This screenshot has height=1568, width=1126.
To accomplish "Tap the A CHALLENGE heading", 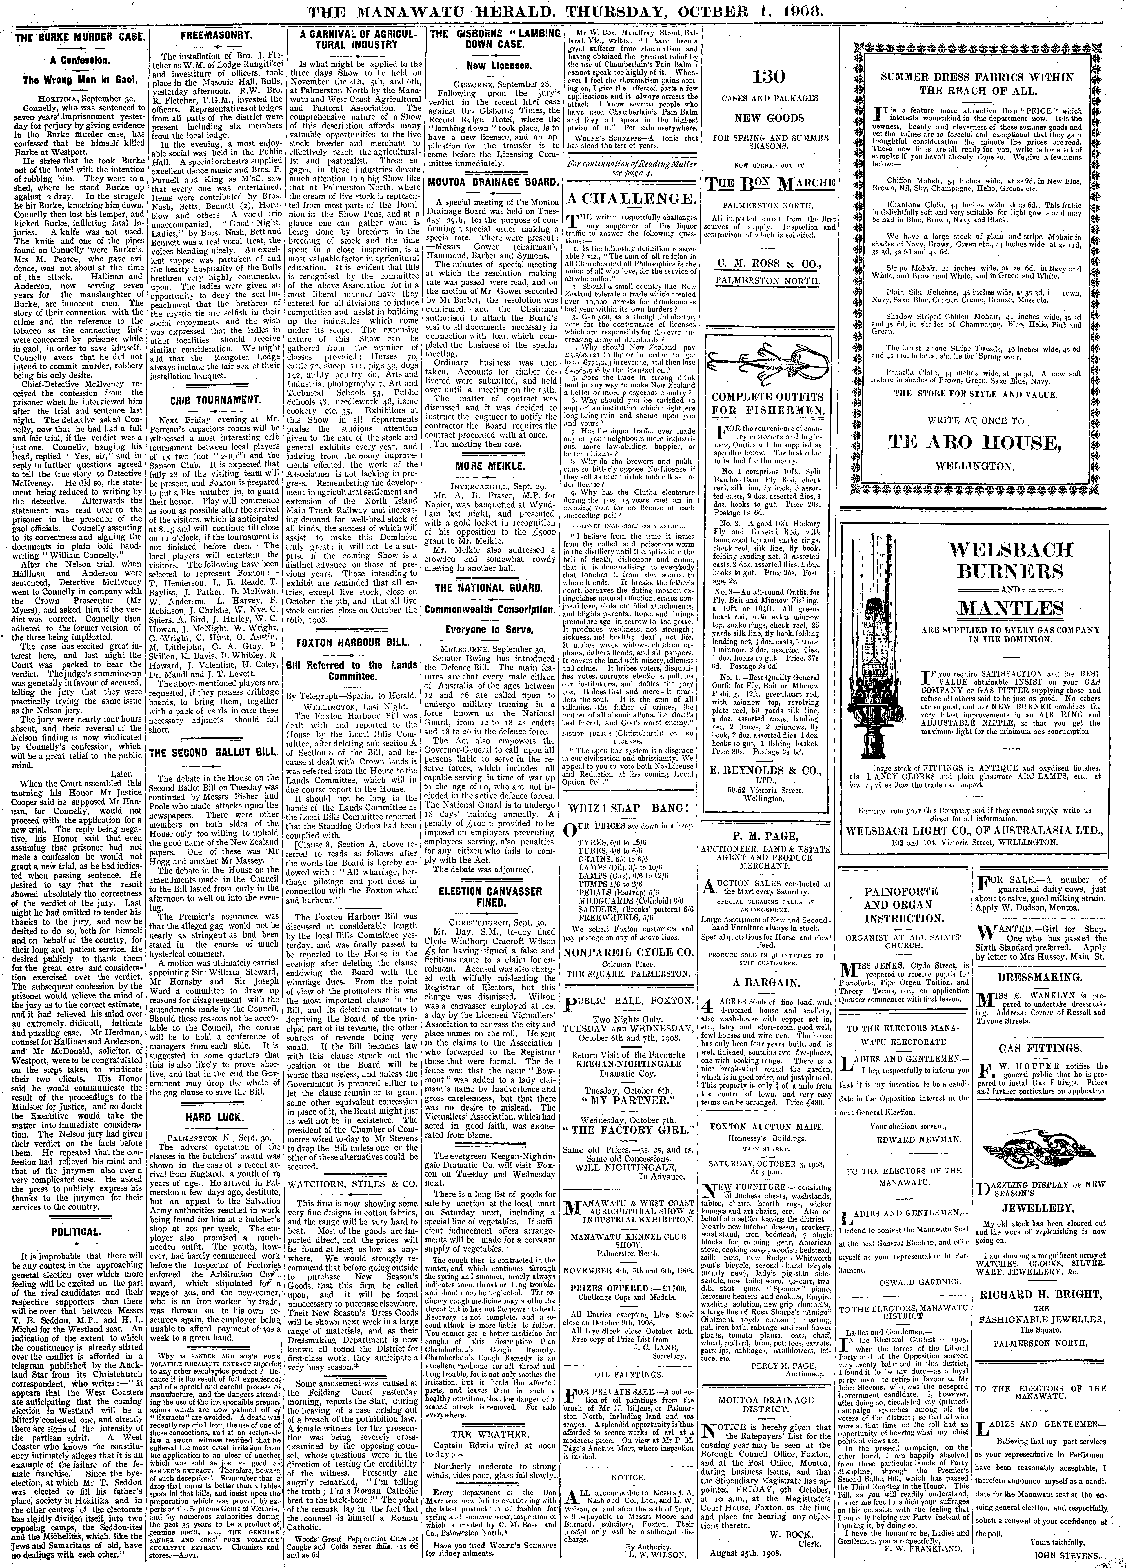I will pyautogui.click(x=631, y=198).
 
